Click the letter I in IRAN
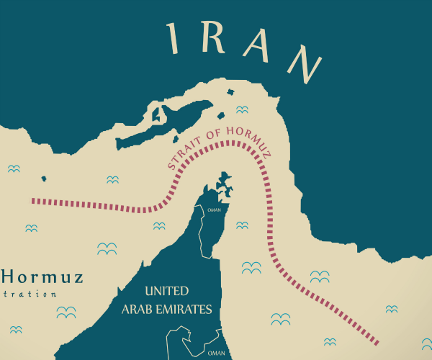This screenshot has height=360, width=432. pos(172,37)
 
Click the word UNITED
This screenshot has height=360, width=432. pos(166,292)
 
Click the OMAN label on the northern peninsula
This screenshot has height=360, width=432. pos(214,210)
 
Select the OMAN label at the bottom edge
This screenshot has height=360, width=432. pos(216,354)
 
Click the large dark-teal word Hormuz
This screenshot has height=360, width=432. pos(43,276)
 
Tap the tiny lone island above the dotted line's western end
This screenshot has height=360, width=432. pos(44,178)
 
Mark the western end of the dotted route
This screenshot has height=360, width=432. pos(34,201)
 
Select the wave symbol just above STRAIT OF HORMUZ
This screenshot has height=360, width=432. pos(242,109)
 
